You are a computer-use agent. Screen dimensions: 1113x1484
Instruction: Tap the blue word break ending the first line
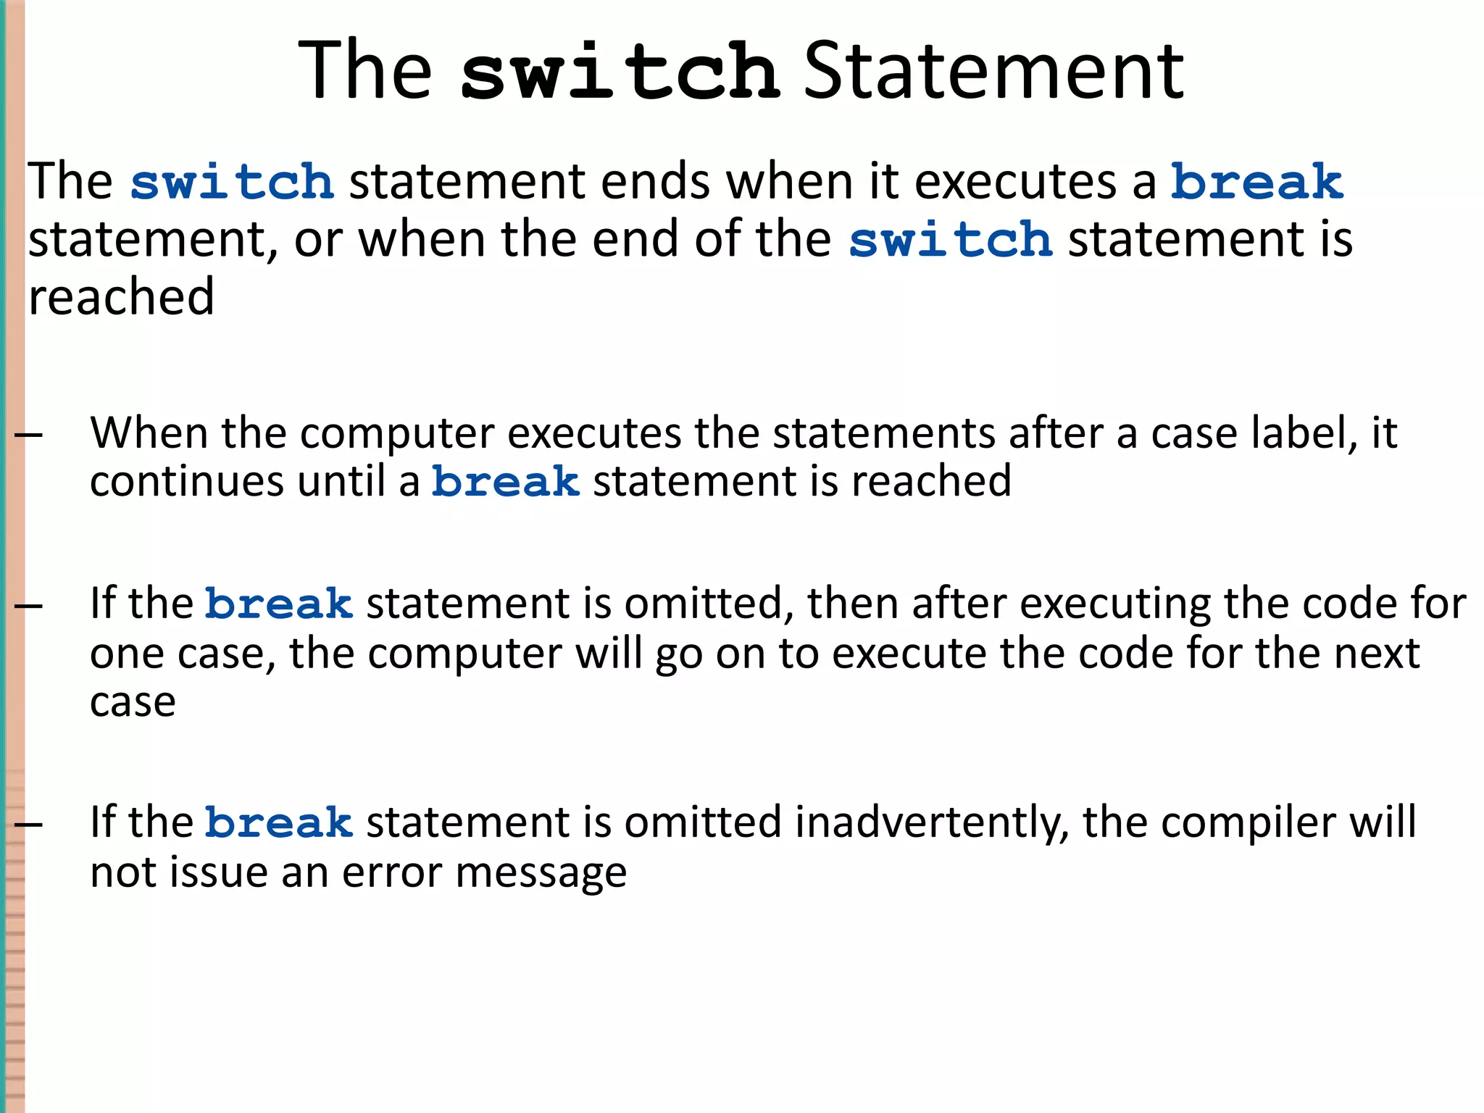pyautogui.click(x=1257, y=181)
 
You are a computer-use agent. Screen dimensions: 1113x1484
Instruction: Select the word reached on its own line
pyautogui.click(x=121, y=297)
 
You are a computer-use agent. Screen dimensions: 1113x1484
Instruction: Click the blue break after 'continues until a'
pyautogui.click(x=506, y=482)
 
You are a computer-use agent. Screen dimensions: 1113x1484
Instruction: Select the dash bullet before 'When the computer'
pyautogui.click(x=28, y=435)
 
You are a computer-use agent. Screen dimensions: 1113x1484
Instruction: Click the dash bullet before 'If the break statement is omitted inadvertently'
pyautogui.click(x=28, y=824)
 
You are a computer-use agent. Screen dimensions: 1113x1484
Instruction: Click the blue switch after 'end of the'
pyautogui.click(x=950, y=240)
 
